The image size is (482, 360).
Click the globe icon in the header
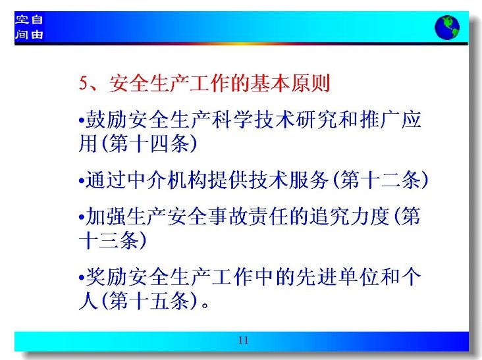(447, 28)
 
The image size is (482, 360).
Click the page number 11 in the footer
(243, 340)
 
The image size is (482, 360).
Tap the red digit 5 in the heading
(84, 83)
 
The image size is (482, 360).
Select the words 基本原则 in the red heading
(290, 83)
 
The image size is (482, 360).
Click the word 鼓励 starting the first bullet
(106, 120)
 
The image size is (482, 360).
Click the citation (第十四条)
(149, 143)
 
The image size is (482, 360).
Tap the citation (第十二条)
(381, 180)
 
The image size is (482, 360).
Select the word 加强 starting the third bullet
(106, 217)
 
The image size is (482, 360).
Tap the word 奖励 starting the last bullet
(106, 277)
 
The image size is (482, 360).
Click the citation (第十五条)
(149, 300)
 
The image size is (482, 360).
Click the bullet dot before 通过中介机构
(82, 180)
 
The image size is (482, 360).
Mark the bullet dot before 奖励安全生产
(82, 278)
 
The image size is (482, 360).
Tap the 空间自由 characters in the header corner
(29, 27)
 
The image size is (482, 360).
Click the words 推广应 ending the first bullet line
(390, 120)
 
